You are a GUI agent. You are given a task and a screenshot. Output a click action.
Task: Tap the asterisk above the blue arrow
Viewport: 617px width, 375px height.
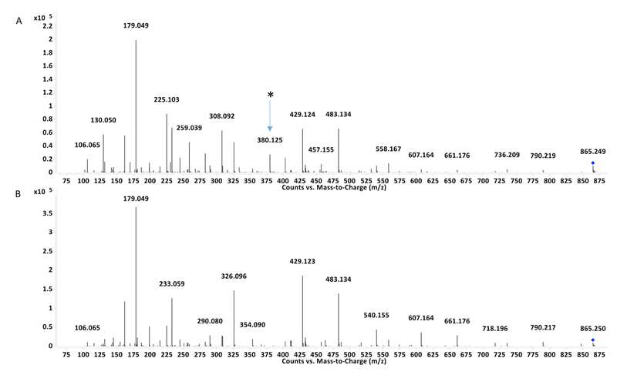(270, 95)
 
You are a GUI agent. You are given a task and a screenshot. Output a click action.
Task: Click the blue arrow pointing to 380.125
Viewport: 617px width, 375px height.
(270, 116)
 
